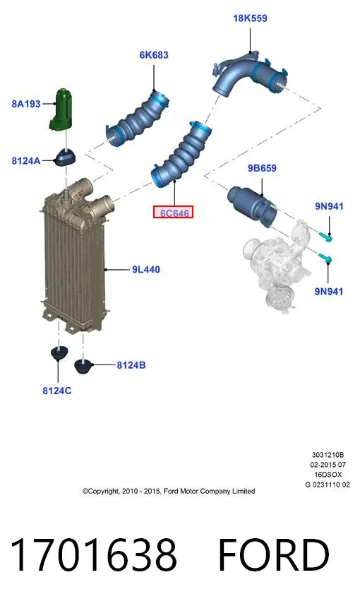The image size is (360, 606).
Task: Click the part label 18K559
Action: (250, 18)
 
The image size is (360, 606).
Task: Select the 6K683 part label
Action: (154, 55)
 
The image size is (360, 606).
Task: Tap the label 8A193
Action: (26, 104)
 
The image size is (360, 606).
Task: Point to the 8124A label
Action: (26, 161)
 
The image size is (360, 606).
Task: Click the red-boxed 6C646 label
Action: (173, 212)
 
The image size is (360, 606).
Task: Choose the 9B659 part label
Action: (262, 168)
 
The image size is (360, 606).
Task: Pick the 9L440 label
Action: (146, 269)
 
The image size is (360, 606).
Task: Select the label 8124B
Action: (131, 365)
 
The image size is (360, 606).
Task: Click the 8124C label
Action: (56, 391)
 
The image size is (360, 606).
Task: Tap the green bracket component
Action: (61, 109)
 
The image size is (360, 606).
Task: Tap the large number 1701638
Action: (93, 555)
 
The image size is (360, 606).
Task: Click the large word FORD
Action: (274, 555)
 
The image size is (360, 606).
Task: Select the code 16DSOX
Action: (328, 475)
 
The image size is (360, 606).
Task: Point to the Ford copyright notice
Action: (169, 491)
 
